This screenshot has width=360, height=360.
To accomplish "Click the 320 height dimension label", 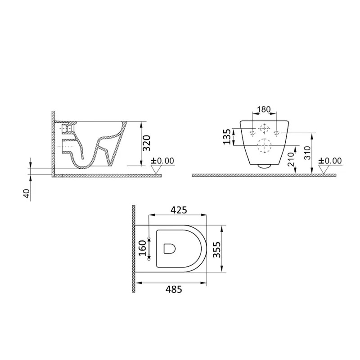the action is coord(147,143).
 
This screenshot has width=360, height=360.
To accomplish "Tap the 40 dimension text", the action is coord(27,193).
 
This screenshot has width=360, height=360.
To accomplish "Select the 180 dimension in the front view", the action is coord(264,109).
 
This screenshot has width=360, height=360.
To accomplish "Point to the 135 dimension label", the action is coord(227,137).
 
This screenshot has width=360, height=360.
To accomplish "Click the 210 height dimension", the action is coord(291,159).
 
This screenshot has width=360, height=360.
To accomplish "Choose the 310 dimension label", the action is coord(307,153).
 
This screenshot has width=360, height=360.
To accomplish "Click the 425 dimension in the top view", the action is coord(179,210).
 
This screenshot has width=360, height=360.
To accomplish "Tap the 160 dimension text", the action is coord(142,248).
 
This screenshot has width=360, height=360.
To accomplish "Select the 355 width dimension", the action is coord(216,250).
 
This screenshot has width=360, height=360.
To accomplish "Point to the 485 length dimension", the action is coord(174,289).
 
